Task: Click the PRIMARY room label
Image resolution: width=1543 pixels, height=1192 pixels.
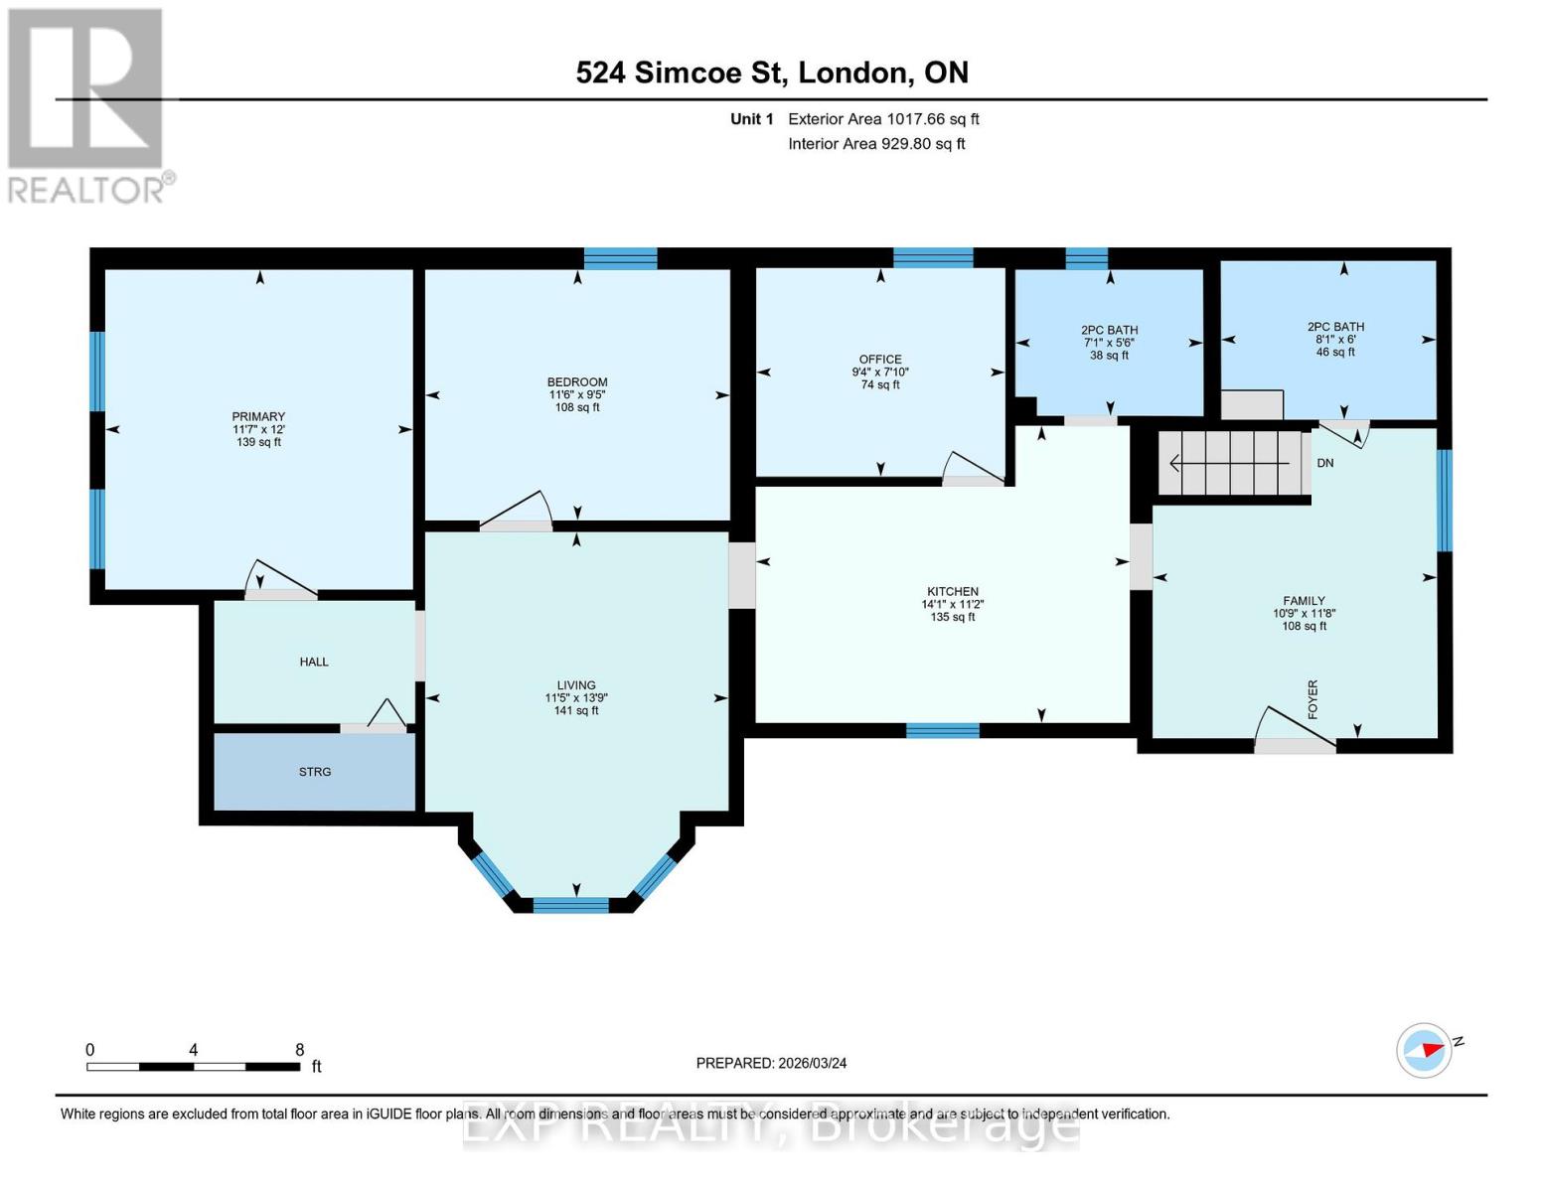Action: point(258,416)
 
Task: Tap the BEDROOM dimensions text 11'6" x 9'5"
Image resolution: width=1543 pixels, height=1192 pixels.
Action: point(577,394)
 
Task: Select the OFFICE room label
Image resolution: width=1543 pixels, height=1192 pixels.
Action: point(880,360)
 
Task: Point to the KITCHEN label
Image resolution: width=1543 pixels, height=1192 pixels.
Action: point(953,591)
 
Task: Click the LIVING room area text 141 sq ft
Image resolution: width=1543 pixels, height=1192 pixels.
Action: point(576,710)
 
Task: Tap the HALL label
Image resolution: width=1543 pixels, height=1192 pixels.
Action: point(314,662)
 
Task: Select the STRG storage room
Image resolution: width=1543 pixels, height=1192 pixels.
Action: point(315,772)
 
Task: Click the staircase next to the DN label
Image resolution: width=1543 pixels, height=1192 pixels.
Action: point(1232,463)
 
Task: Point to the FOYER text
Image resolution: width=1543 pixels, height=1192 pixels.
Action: point(1312,699)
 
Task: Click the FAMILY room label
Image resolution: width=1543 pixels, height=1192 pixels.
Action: point(1304,600)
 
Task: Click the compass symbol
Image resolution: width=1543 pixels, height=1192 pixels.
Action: point(1424,1050)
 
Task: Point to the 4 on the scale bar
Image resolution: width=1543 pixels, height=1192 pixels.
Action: point(193,1050)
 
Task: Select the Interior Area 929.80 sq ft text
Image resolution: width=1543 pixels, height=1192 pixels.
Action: point(876,144)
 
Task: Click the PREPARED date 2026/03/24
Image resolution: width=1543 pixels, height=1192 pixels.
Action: point(771,1063)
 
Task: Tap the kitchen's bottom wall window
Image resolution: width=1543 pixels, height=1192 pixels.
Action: point(942,731)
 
